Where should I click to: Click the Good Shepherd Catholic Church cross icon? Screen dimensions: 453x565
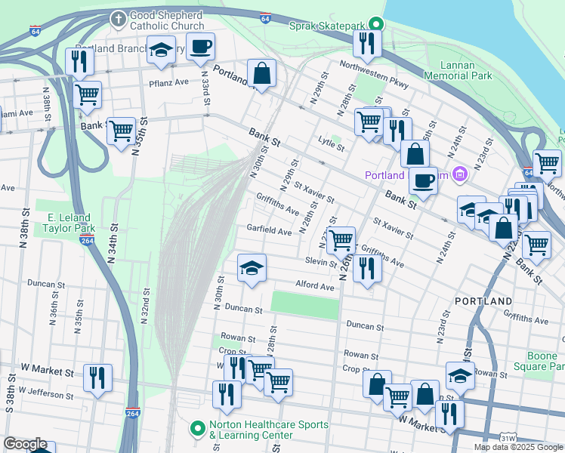(118, 17)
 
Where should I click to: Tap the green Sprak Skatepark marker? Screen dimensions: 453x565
(372, 26)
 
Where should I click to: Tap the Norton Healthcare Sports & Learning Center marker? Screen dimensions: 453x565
(198, 430)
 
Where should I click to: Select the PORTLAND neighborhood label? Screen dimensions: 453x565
(483, 301)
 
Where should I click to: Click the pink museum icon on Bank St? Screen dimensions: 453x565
(458, 176)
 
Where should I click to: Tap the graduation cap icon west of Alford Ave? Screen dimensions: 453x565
(252, 267)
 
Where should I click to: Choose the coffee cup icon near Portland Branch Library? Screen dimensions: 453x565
(200, 47)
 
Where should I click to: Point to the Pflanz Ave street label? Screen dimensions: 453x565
(168, 82)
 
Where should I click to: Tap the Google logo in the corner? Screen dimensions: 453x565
(26, 444)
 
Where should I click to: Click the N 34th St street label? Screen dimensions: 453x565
(113, 242)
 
